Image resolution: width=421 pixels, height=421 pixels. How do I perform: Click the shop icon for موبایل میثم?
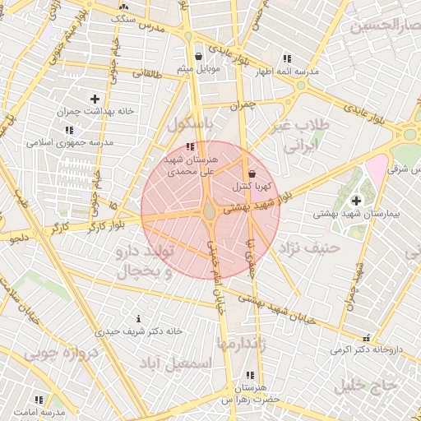(x=200, y=57)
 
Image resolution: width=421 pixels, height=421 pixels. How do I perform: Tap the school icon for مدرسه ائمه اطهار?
(x=286, y=58)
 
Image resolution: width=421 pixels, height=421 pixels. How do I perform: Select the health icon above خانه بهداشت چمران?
(x=95, y=99)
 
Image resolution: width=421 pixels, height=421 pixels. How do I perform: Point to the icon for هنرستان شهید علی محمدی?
(x=192, y=146)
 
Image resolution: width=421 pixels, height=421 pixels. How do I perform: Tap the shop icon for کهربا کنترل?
(x=252, y=173)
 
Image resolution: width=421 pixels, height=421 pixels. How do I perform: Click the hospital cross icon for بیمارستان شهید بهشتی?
(x=356, y=201)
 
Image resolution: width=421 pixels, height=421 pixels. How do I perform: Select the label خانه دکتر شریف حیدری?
(x=138, y=331)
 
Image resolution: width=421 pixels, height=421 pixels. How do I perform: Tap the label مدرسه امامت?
(x=39, y=410)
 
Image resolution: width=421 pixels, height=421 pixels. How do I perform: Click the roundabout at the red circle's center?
(x=210, y=211)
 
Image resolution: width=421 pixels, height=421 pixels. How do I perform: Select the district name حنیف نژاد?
(x=308, y=247)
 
